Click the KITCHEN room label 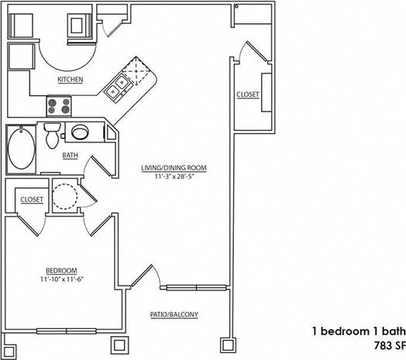click(x=70, y=80)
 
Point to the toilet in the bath click(x=53, y=135)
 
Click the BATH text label click(x=70, y=156)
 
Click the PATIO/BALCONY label click(x=174, y=314)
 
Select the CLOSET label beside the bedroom click(x=31, y=199)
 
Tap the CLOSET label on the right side click(x=248, y=94)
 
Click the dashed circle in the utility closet click(x=64, y=196)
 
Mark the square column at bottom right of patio click(x=227, y=343)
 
